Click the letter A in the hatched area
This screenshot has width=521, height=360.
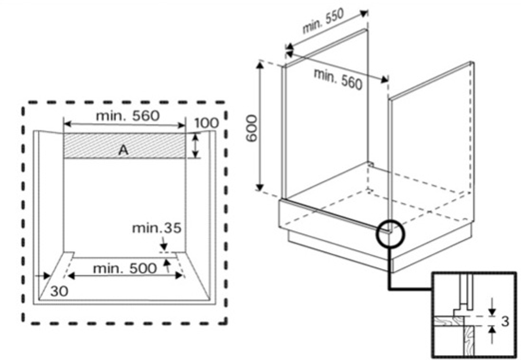[123, 150]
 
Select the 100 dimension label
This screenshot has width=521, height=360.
[206, 123]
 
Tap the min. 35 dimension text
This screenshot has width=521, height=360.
[156, 228]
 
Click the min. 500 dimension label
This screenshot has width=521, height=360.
[125, 268]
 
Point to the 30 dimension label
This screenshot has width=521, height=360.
[59, 291]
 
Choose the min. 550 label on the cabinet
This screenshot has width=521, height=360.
[322, 21]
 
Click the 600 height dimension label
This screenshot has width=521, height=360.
[252, 128]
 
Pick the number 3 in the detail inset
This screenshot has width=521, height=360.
[505, 321]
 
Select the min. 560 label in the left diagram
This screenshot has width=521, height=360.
[128, 116]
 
